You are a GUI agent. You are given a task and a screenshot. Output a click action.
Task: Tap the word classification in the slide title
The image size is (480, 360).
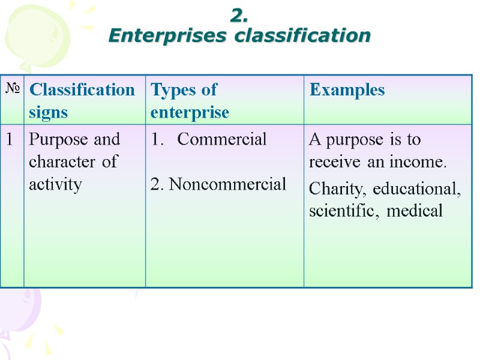303,36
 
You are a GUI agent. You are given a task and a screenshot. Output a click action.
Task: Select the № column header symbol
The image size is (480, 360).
13,89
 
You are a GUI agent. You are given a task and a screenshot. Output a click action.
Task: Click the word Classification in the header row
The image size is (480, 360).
82,90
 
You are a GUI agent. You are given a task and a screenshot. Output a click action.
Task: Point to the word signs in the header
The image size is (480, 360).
48,112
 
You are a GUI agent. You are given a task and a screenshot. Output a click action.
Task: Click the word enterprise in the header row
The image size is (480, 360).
190,112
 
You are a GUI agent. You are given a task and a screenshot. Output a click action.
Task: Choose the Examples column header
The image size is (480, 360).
347,90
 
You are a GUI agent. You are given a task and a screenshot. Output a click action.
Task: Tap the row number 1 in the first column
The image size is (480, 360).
10,140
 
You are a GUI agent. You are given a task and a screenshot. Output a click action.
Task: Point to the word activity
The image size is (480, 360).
55,184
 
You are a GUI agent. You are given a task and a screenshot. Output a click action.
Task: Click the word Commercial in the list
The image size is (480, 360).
222,140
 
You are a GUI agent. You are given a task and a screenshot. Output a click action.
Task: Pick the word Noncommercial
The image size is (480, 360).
227,185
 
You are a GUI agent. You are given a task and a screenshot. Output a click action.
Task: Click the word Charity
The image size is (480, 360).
338,189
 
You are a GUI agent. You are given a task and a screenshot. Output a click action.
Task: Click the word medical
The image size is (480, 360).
416,211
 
